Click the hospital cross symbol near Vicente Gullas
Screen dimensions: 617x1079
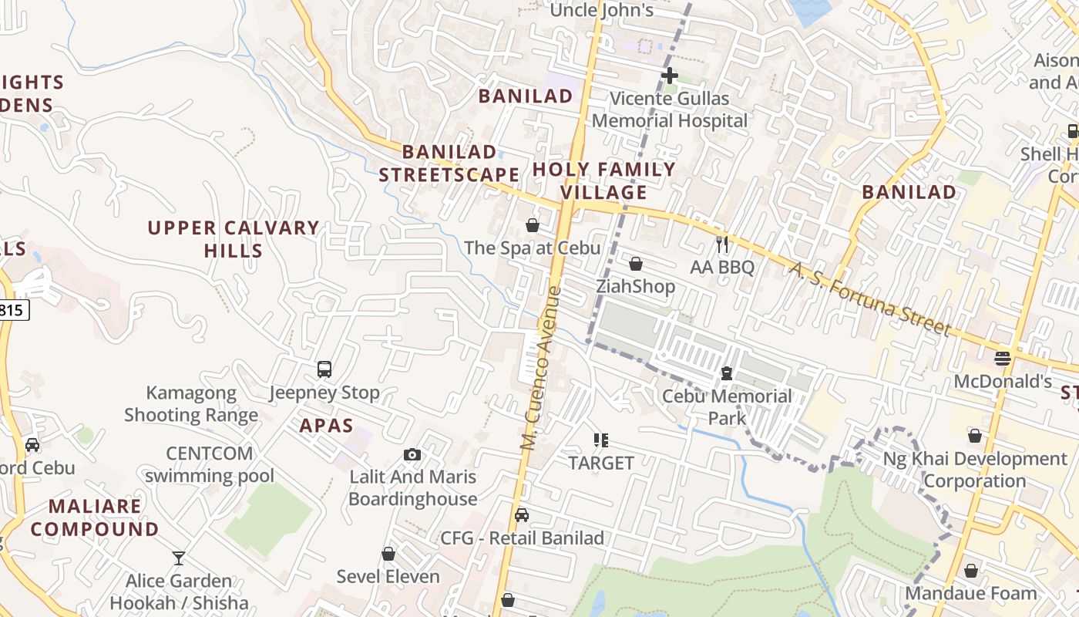point(670,76)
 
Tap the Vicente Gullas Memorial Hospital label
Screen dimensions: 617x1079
point(670,110)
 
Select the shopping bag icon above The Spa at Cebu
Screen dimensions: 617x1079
point(532,225)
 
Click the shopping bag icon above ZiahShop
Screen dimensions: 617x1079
point(636,264)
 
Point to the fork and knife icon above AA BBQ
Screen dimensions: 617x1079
point(722,244)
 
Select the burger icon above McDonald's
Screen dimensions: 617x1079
point(1002,359)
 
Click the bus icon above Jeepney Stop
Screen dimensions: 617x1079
point(324,369)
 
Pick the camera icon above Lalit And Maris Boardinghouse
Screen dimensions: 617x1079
point(412,454)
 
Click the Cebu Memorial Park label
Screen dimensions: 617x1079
point(727,406)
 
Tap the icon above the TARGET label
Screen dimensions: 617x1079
point(601,440)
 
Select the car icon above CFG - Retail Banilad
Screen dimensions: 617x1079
point(522,515)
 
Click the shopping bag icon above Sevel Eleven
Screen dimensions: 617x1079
point(388,554)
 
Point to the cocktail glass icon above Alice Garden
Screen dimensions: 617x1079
point(179,558)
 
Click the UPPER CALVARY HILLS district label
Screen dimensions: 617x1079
point(234,239)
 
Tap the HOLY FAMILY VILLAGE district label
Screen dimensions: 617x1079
point(603,180)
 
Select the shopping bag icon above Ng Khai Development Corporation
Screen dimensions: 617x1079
point(975,437)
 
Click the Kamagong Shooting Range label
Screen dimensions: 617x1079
point(191,404)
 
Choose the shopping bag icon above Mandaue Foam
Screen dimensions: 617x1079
point(971,571)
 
